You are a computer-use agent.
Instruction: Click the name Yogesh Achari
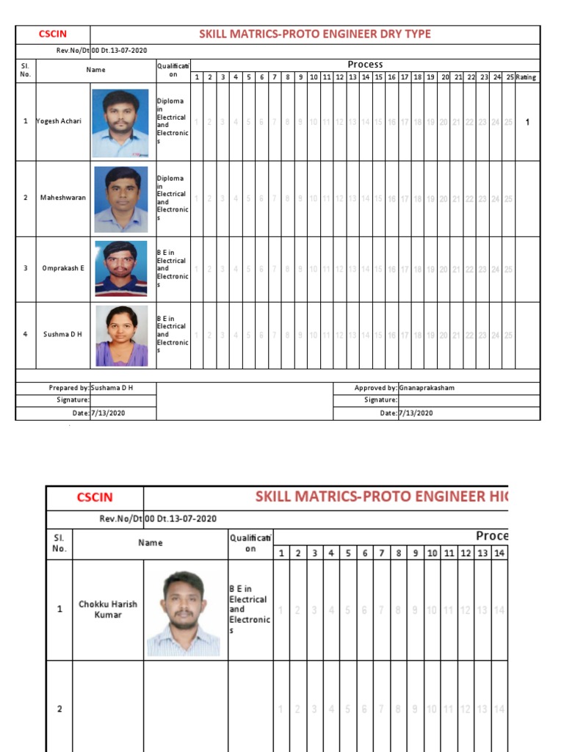[x=59, y=121]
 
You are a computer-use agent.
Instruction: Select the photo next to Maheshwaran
[x=120, y=198]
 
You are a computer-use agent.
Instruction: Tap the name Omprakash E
[x=62, y=268]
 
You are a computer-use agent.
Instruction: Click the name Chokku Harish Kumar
[x=108, y=610]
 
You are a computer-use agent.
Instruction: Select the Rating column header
[x=526, y=77]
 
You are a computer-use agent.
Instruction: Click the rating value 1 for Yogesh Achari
[x=527, y=122]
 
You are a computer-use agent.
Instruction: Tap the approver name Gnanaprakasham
[x=427, y=388]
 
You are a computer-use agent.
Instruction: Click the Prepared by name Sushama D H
[x=112, y=388]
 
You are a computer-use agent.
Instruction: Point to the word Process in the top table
[x=365, y=65]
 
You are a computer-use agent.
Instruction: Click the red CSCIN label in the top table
[x=53, y=34]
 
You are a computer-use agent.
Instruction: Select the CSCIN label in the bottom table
[x=95, y=498]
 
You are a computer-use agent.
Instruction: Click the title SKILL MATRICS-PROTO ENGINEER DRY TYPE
[x=315, y=34]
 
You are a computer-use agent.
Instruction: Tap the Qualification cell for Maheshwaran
[x=173, y=198]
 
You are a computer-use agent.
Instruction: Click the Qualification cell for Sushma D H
[x=173, y=335]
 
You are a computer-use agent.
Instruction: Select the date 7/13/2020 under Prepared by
[x=108, y=413]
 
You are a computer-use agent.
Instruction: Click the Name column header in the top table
[x=95, y=70]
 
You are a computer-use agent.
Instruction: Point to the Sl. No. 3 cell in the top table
[x=25, y=268]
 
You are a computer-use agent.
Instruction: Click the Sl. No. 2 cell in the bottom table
[x=59, y=709]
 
